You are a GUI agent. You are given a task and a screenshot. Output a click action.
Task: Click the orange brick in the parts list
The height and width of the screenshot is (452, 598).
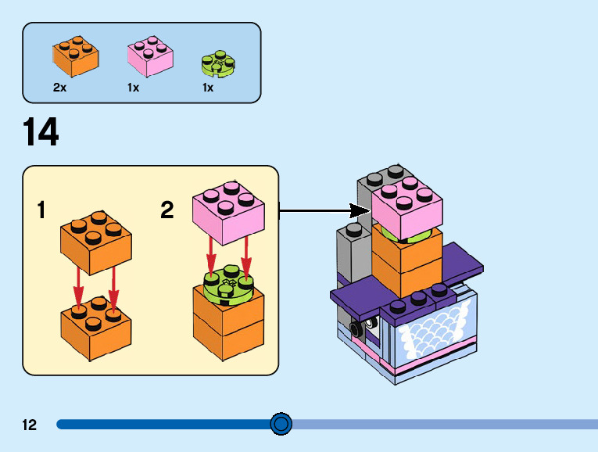tap(75, 56)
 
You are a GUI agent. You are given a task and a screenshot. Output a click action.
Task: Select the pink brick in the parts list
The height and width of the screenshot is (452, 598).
tap(150, 57)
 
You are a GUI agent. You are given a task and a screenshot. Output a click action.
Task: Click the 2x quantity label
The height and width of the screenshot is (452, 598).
tap(59, 88)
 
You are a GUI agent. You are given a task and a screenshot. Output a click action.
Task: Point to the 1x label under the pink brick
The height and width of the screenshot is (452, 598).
tap(134, 88)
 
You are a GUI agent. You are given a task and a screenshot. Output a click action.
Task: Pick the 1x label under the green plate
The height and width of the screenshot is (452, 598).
tap(208, 88)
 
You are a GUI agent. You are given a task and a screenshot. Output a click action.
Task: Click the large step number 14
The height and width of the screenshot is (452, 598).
tap(41, 132)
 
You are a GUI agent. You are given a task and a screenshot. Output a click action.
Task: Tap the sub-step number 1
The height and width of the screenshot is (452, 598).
tap(41, 210)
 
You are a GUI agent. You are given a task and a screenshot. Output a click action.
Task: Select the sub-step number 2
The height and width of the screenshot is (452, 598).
tap(167, 210)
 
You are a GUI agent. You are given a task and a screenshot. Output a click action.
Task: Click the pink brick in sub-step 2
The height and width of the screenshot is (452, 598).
tap(227, 209)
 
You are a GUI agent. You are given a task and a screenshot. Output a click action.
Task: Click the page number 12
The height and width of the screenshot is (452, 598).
tap(30, 425)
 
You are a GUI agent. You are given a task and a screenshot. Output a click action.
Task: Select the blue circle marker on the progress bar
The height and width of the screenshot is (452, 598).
tap(281, 425)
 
